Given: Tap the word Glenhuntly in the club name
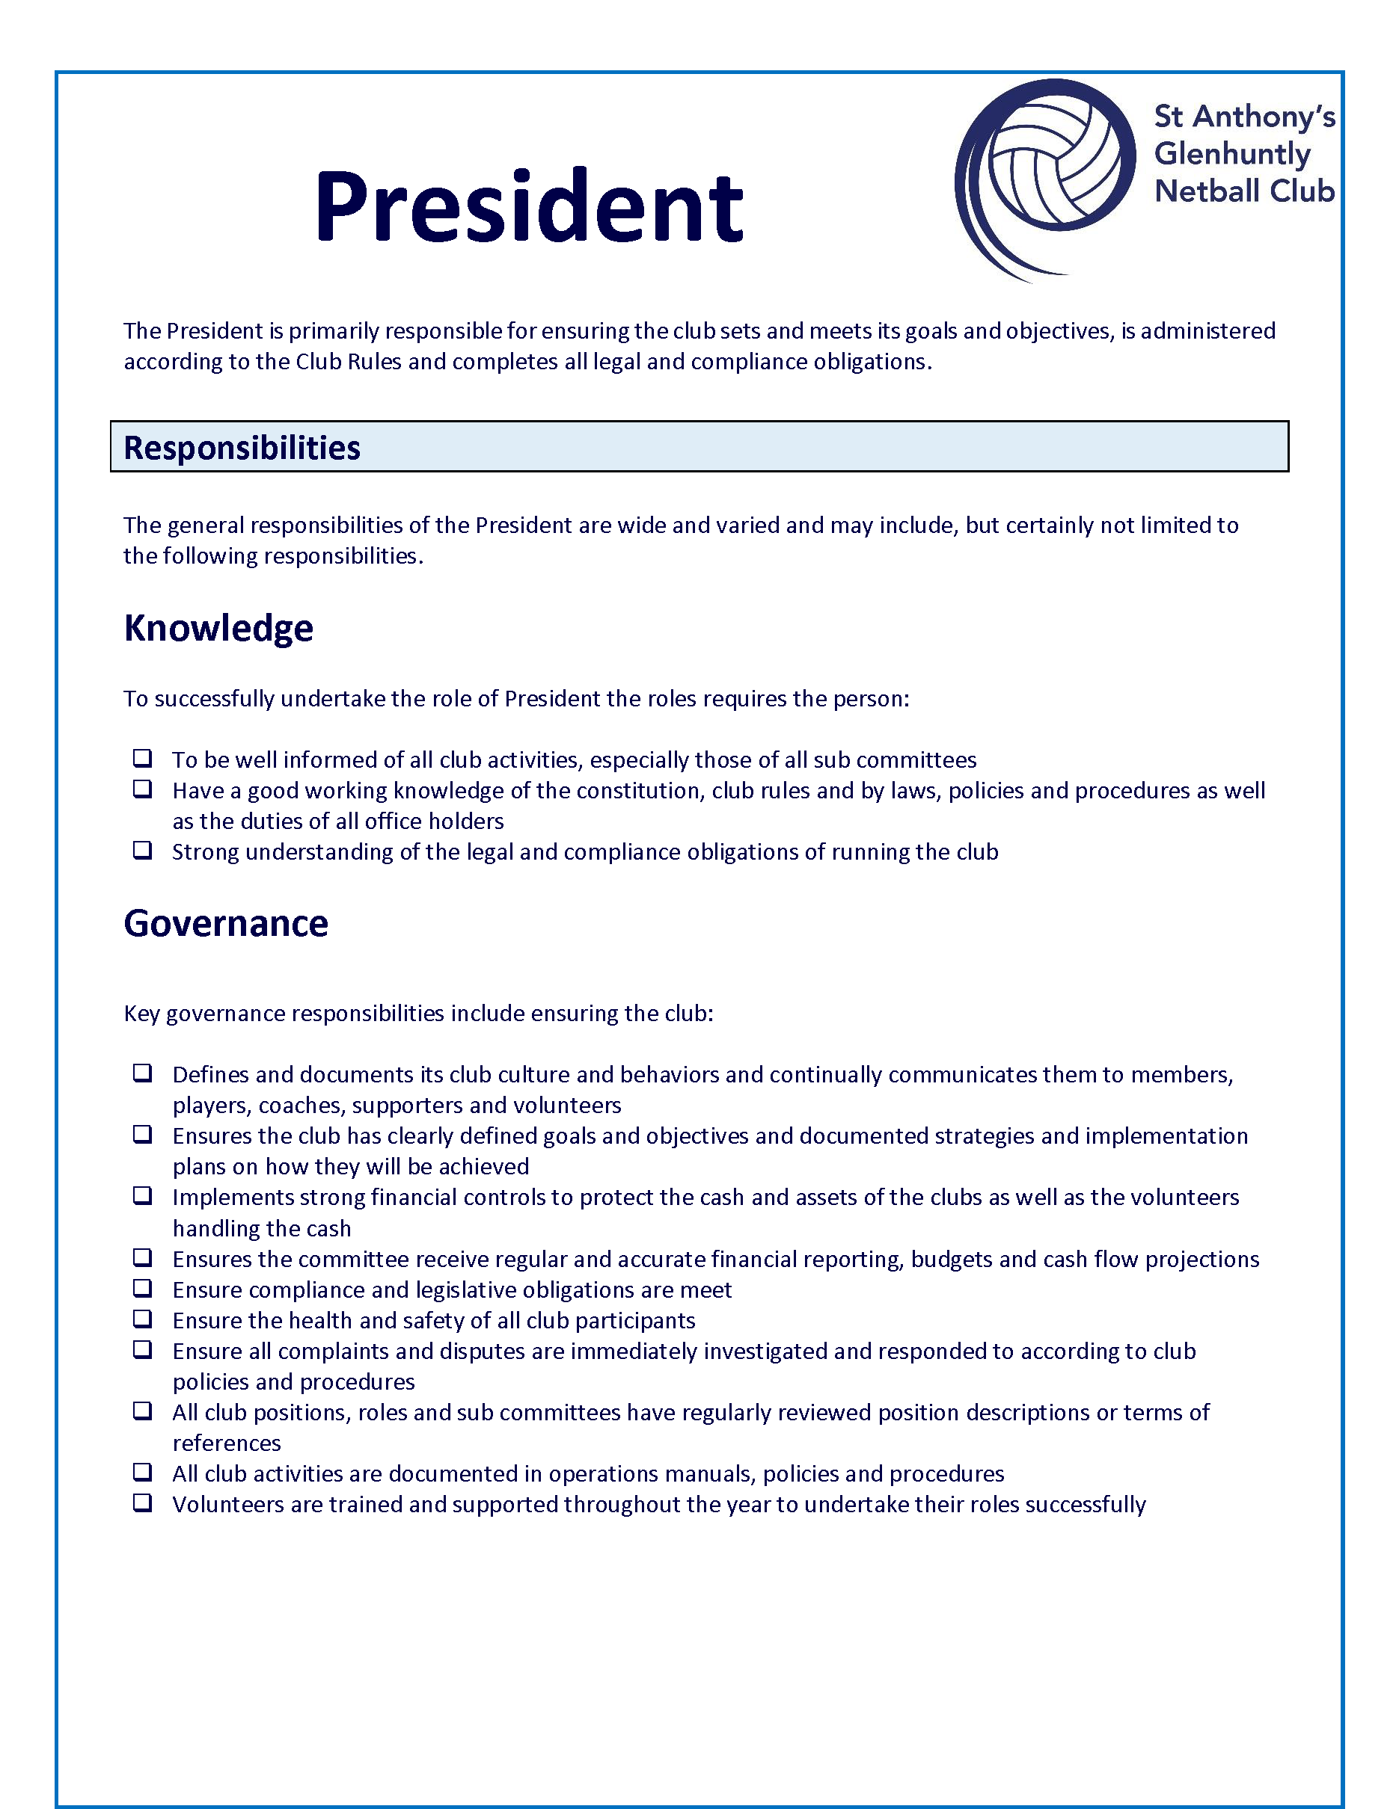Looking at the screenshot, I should (1231, 154).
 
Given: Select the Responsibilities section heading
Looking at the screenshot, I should (241, 447).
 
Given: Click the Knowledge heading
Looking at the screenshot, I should (218, 628).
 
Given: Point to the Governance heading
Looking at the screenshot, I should (225, 922).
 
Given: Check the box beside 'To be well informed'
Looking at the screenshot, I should (143, 758).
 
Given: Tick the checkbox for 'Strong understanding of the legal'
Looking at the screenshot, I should (143, 850).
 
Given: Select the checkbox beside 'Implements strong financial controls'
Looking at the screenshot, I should (143, 1195).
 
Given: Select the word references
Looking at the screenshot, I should (226, 1443).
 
